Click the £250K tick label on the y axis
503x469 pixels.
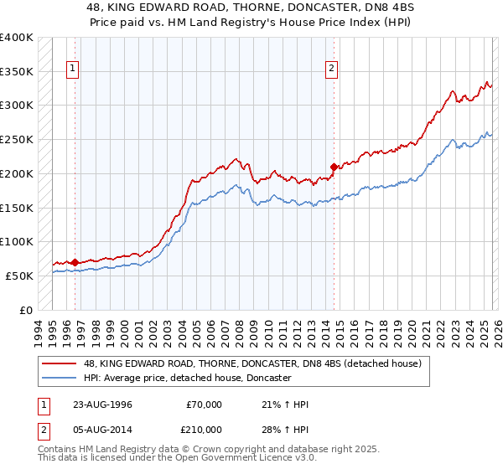[17, 139]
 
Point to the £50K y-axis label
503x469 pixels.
[19, 276]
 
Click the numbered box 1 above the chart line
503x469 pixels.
[75, 69]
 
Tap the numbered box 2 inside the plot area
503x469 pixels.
[332, 69]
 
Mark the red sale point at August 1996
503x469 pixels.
[75, 262]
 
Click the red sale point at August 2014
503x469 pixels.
[334, 167]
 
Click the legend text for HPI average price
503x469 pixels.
[187, 378]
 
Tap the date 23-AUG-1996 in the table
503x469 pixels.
[102, 405]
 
